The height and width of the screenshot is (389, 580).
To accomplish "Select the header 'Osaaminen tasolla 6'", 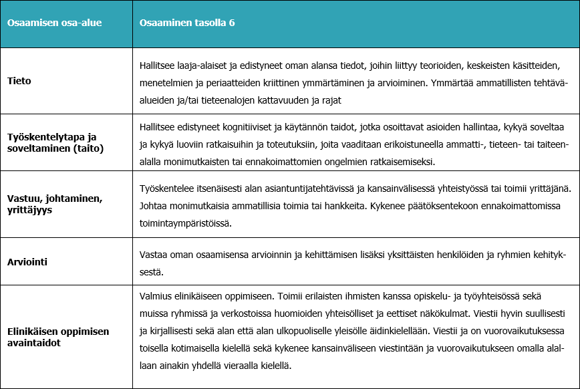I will (186, 23).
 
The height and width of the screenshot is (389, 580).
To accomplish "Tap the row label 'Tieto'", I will (19, 81).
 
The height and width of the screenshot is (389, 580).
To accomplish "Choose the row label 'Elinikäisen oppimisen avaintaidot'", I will (58, 336).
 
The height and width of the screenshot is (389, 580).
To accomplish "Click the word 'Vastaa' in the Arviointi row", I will (154, 255).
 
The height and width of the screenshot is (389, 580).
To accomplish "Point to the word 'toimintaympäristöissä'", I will (186, 224).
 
